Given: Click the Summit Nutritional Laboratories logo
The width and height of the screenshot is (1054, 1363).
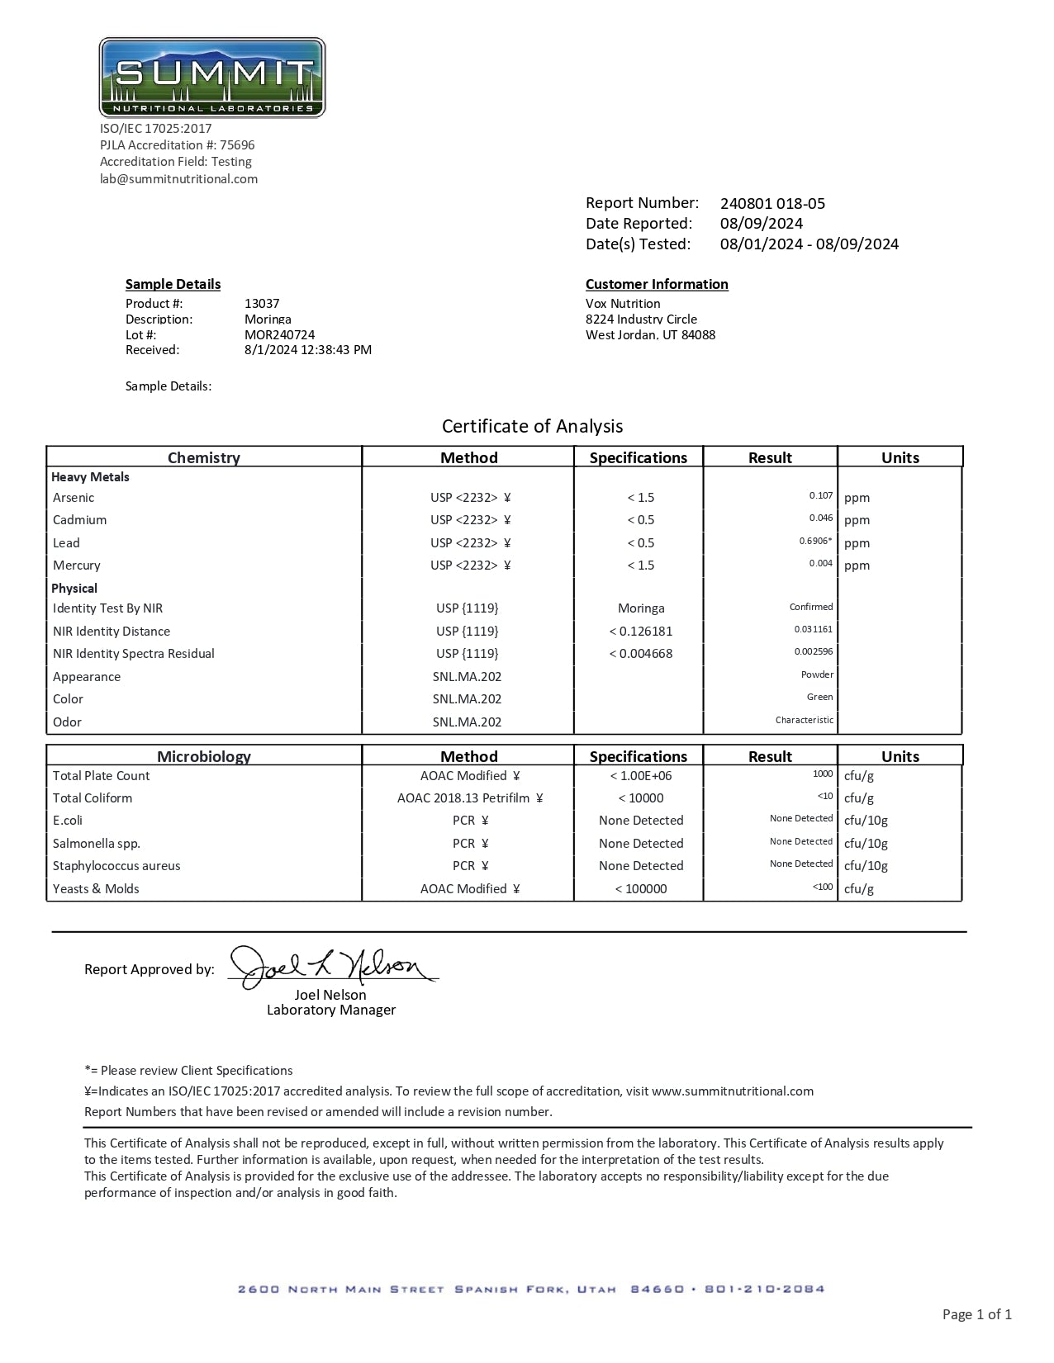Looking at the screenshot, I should coord(212,78).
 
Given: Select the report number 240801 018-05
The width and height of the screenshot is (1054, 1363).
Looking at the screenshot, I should coord(772,204).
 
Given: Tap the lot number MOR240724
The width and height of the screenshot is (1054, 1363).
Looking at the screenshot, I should coord(279,335).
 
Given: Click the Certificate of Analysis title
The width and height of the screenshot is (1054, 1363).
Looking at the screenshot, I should coord(532,426).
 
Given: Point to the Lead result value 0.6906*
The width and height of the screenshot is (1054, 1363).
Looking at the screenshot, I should coord(815,541).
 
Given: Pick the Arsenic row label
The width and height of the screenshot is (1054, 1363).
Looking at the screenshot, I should coord(74,498).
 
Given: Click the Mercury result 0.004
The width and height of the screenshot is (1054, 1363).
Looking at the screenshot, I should coord(821,563).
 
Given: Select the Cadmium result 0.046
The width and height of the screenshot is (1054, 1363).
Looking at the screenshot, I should coord(821,518).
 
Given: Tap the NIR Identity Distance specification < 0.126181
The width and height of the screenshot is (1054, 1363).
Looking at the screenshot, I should coord(641,632).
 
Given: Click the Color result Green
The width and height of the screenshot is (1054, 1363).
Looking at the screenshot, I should coord(819,697).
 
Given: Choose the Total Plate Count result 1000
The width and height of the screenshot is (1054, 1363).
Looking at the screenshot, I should coord(823,774).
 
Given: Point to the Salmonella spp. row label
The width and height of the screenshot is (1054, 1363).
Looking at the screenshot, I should coord(97,844).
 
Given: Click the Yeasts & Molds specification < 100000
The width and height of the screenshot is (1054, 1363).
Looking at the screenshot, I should coord(641,889).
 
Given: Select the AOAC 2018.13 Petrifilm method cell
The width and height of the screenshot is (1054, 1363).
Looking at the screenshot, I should coord(469,798).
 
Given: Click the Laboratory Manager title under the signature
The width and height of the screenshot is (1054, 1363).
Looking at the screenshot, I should coord(331,1010).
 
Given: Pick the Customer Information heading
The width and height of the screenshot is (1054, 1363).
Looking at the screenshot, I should coord(657,284).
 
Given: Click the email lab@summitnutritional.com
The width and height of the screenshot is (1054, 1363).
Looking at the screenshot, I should coord(178,179).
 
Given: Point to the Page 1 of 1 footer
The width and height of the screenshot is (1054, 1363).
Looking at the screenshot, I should coord(976,1314).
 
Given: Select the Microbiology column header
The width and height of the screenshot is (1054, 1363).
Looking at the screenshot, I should coord(204,756).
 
